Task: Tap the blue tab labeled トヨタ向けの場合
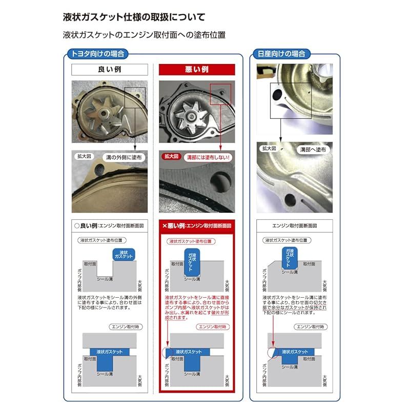pyautogui.click(x=97, y=53)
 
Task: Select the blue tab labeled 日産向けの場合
pyautogui.click(x=282, y=53)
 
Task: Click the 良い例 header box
pyautogui.click(x=109, y=69)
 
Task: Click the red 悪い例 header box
pyautogui.click(x=197, y=69)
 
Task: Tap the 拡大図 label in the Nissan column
pyautogui.click(x=269, y=149)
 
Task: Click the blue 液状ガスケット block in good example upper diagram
pyautogui.click(x=124, y=255)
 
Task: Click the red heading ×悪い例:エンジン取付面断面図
pyautogui.click(x=197, y=225)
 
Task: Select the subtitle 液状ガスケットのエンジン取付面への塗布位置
pyautogui.click(x=144, y=35)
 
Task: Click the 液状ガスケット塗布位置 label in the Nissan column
pyautogui.click(x=286, y=240)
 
